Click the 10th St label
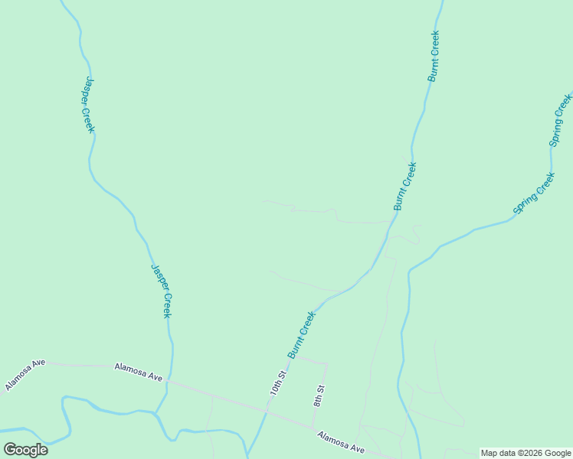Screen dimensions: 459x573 pyautogui.click(x=277, y=383)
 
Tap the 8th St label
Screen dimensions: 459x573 pyautogui.click(x=319, y=396)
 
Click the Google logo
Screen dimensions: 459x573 pyautogui.click(x=25, y=450)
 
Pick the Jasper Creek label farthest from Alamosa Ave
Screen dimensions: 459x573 pyautogui.click(x=89, y=105)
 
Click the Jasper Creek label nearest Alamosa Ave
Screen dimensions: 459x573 pyautogui.click(x=161, y=291)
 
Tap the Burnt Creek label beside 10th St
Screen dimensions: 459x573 pyautogui.click(x=302, y=334)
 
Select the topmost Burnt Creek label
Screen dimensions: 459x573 pyautogui.click(x=434, y=56)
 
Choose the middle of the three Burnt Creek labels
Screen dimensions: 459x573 pyautogui.click(x=404, y=186)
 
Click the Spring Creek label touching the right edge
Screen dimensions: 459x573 pyautogui.click(x=561, y=119)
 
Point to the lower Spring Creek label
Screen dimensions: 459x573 pyautogui.click(x=534, y=194)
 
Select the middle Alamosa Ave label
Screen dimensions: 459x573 pyautogui.click(x=139, y=373)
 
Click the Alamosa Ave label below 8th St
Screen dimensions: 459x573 pyautogui.click(x=342, y=442)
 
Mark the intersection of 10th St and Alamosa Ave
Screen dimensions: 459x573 pyautogui.click(x=266, y=412)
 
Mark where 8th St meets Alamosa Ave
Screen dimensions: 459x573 pyautogui.click(x=313, y=427)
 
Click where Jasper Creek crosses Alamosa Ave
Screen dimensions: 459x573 pyautogui.click(x=169, y=381)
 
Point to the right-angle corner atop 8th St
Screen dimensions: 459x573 pyautogui.click(x=327, y=364)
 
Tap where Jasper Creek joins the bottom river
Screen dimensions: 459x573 pyautogui.click(x=156, y=413)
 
